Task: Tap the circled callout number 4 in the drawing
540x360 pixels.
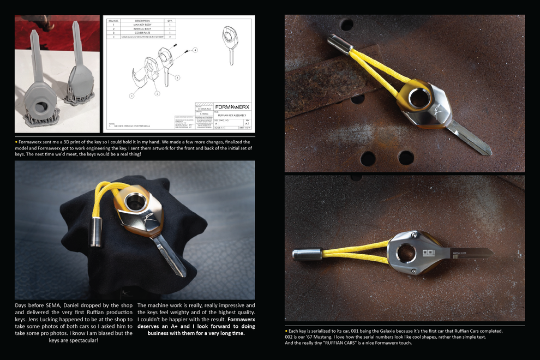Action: point(195,50)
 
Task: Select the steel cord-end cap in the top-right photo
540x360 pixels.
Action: point(339,44)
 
